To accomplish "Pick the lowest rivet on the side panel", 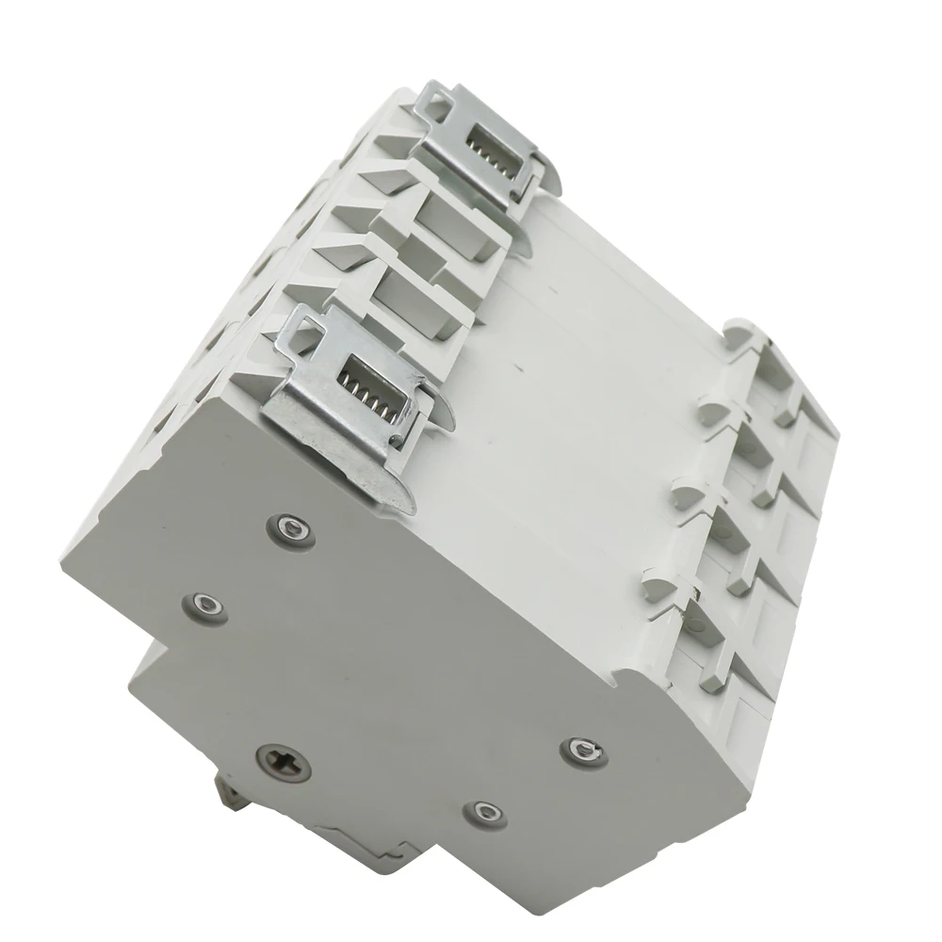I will click(x=485, y=809).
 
